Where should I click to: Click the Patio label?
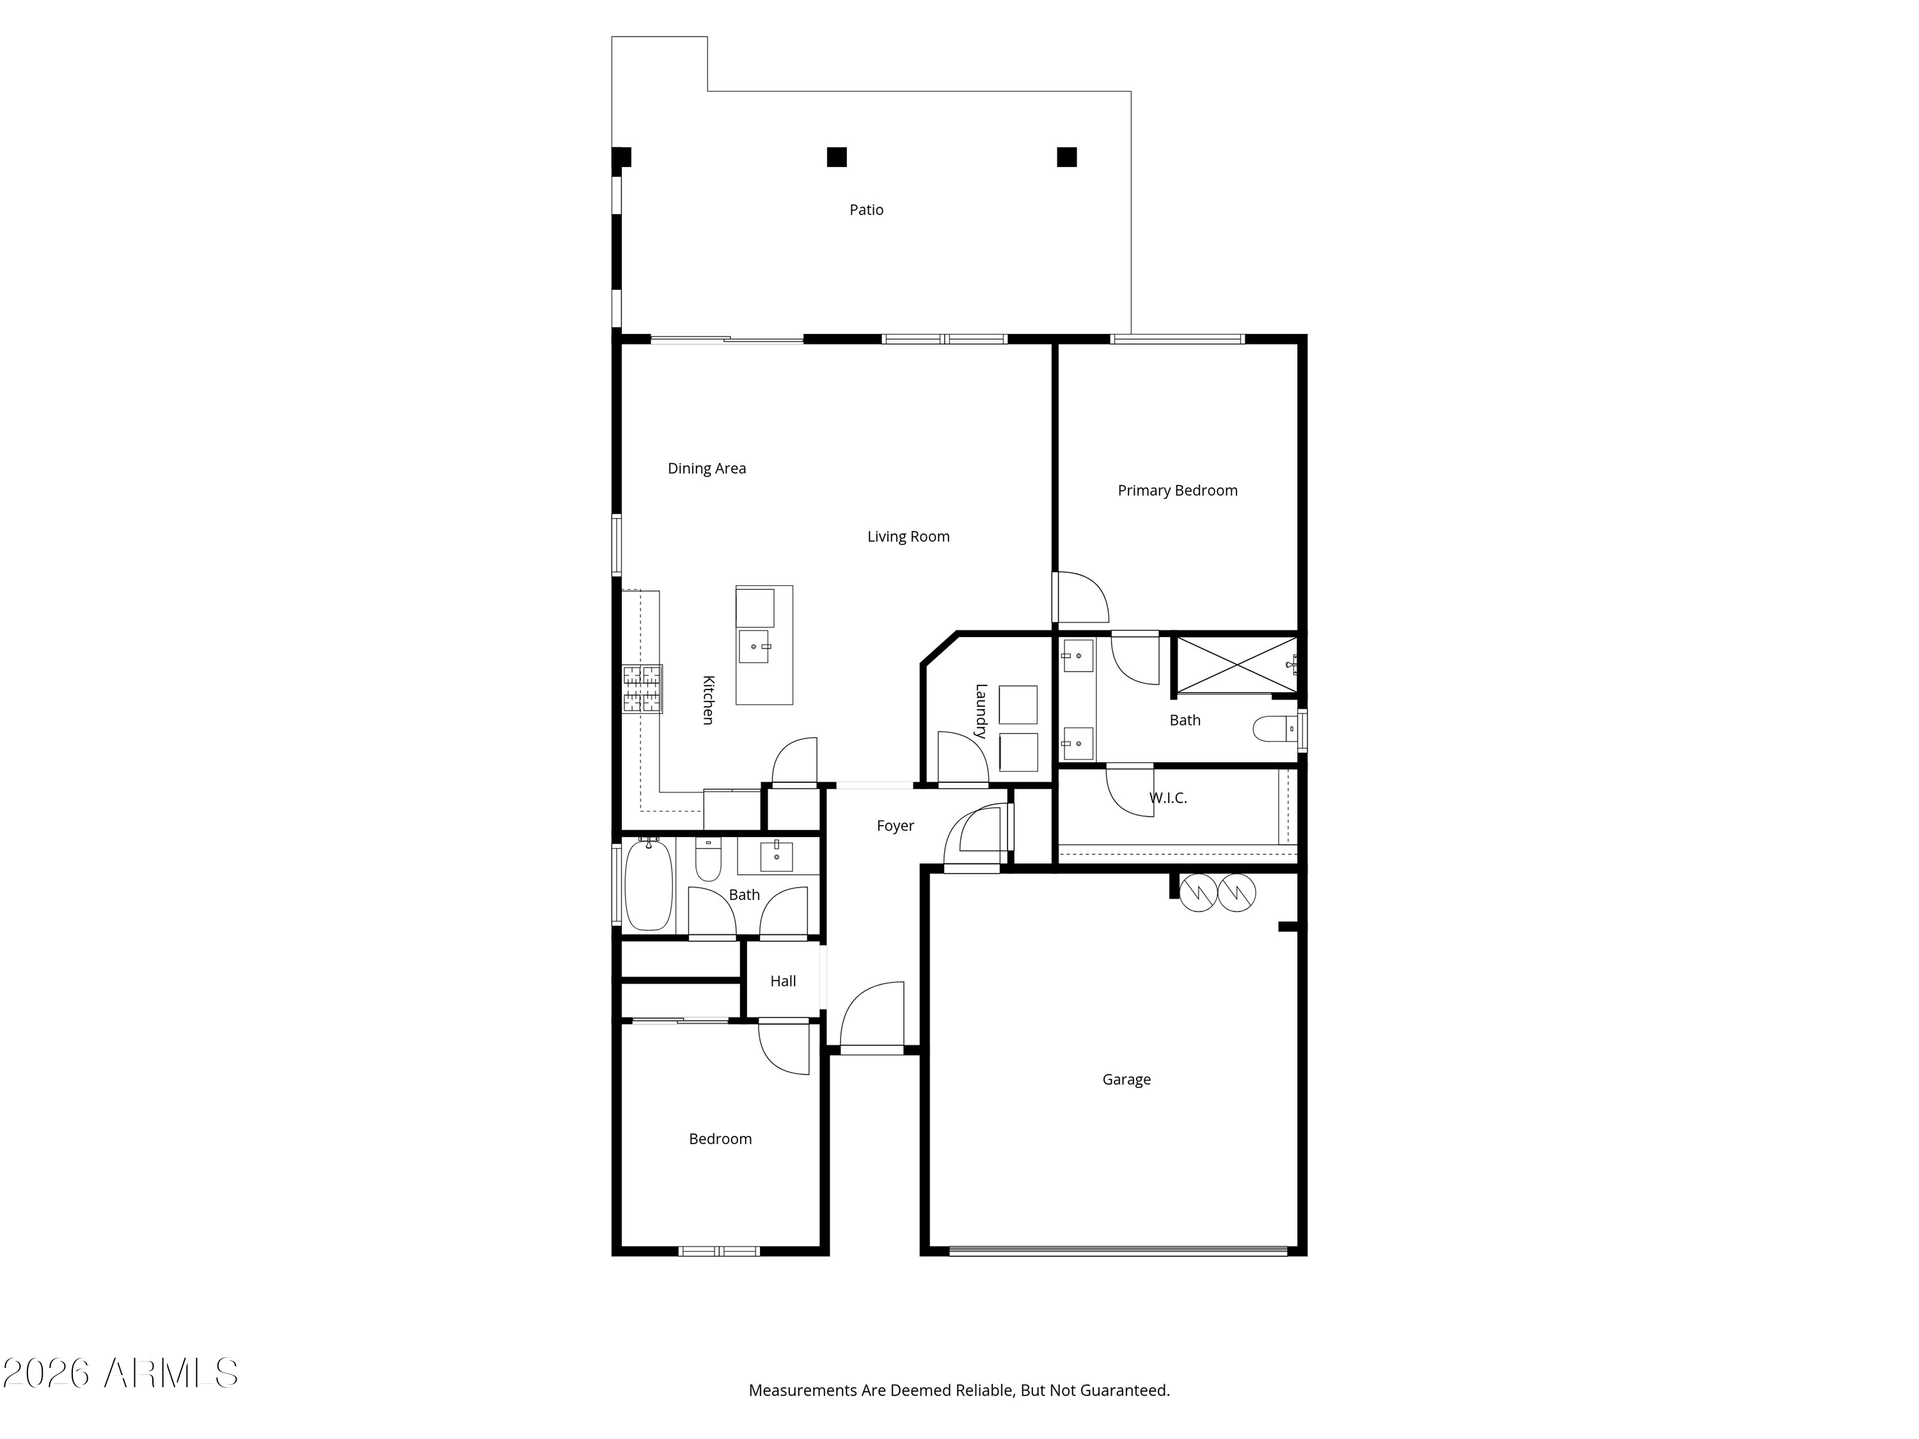[866, 210]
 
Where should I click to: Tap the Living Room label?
[908, 537]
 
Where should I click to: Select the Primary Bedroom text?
[1177, 491]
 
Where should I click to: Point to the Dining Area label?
[706, 468]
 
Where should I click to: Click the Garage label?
[1126, 1080]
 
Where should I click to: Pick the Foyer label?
[896, 826]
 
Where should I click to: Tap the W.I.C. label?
[1167, 798]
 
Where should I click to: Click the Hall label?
[782, 981]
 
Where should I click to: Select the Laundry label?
[981, 711]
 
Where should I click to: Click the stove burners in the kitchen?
[642, 689]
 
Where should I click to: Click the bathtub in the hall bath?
[648, 884]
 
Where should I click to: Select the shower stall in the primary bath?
[1235, 665]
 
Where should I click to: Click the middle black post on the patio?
[836, 157]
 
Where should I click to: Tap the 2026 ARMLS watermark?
[121, 1373]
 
